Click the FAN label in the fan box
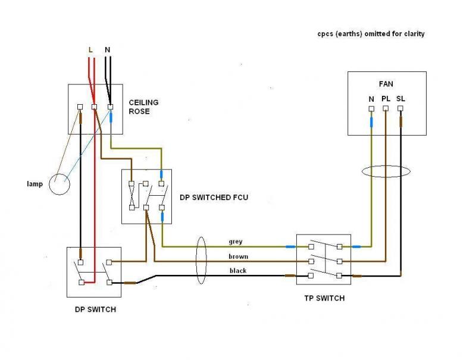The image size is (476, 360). [386, 84]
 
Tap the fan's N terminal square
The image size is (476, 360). [371, 109]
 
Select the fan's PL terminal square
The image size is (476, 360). [386, 108]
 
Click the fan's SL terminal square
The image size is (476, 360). [400, 108]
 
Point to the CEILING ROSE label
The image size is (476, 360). [143, 107]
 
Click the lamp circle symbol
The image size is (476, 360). [59, 184]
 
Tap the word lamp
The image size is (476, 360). [35, 184]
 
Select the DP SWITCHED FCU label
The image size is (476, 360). [214, 198]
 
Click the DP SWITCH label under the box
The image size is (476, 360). [95, 309]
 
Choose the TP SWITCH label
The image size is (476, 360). [324, 298]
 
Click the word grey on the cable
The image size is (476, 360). [236, 242]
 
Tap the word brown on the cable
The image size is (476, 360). [239, 256]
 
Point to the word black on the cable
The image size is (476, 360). [238, 271]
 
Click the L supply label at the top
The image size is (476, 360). [90, 50]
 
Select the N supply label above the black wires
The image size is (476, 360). [108, 50]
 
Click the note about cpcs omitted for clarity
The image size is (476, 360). [371, 34]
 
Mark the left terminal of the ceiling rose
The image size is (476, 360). [80, 107]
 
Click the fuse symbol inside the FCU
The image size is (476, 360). [131, 196]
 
